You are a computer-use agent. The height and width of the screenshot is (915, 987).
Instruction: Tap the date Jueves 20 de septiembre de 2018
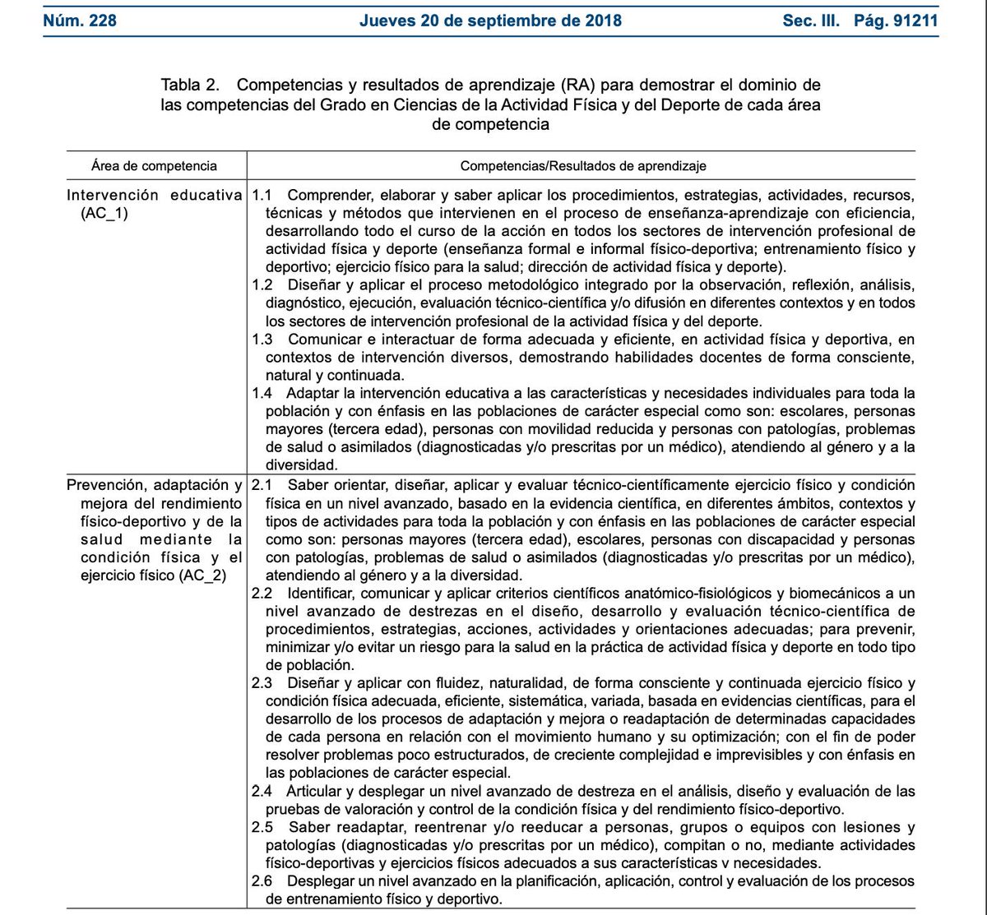click(x=490, y=20)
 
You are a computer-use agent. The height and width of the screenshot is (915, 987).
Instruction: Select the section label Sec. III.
click(x=811, y=20)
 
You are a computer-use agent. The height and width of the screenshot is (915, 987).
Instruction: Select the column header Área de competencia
click(x=155, y=165)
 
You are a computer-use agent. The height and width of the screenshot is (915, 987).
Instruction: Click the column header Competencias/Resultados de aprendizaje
click(x=583, y=165)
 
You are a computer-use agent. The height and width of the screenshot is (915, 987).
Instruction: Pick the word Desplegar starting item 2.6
click(x=322, y=880)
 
